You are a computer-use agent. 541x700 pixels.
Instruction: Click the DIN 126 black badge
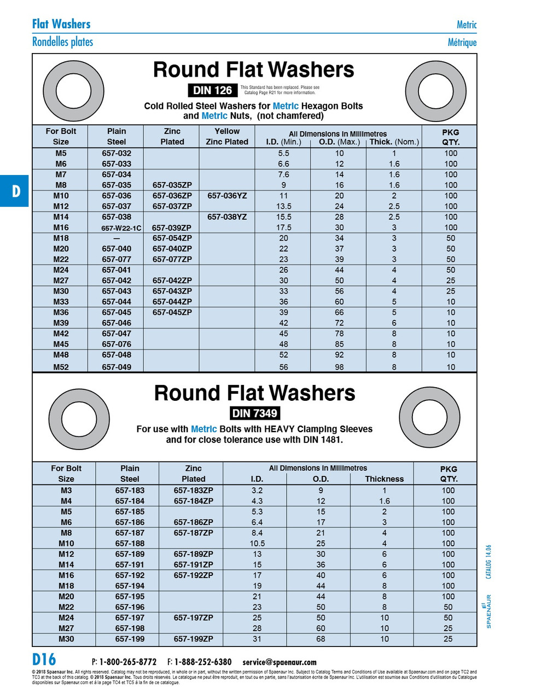point(213,90)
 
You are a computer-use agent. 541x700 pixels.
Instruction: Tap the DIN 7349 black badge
point(254,413)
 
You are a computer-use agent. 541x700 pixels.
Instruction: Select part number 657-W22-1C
point(121,228)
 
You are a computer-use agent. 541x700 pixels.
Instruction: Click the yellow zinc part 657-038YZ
point(227,217)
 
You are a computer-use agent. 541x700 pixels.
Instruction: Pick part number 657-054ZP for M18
point(172,238)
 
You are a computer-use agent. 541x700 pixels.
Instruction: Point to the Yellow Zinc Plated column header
point(227,136)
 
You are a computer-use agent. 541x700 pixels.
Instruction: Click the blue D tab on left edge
point(15,191)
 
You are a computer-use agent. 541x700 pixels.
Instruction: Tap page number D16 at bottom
point(44,660)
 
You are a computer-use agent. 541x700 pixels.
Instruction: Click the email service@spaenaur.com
point(279,662)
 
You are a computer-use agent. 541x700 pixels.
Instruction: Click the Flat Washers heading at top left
point(61,24)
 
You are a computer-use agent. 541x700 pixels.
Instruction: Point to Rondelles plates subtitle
point(62,42)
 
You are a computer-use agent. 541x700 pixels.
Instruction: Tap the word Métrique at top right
point(462,43)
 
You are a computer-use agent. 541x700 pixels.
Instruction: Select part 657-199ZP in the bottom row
point(193,639)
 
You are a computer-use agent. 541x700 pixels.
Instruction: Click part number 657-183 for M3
point(130,491)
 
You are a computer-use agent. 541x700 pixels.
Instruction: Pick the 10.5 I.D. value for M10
point(257,544)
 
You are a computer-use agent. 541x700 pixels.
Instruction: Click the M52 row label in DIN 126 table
point(61,367)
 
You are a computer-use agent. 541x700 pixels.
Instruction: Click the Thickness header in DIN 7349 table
point(384,479)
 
